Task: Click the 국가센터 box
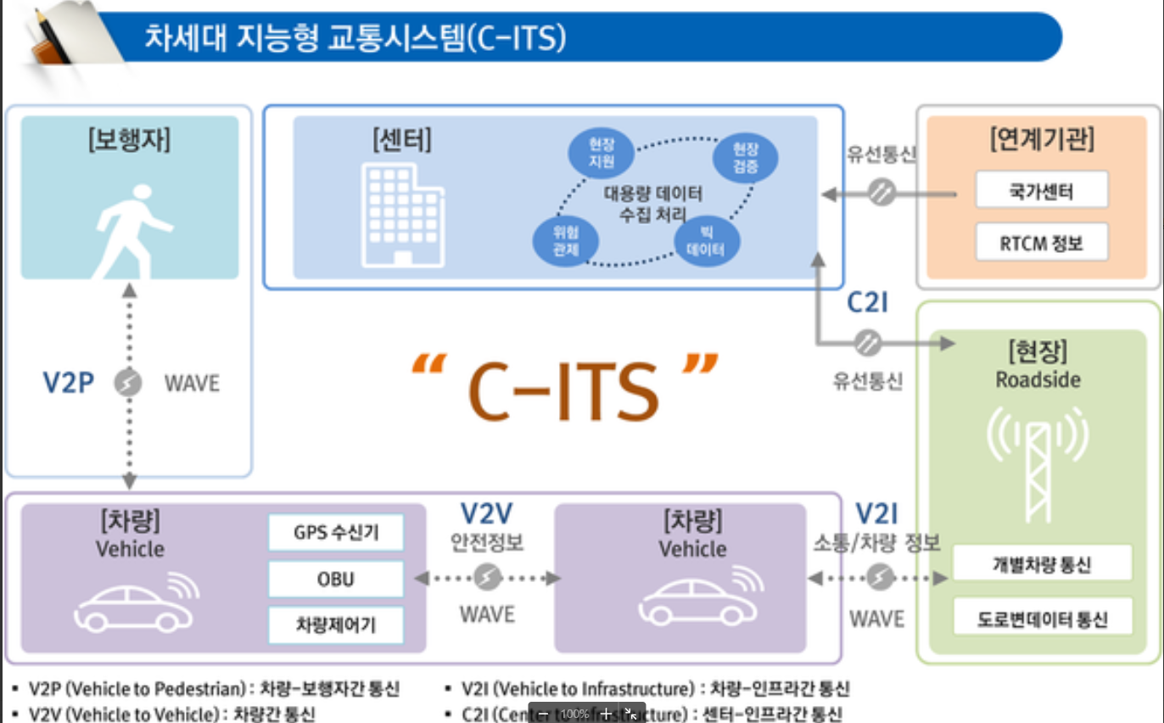coord(1041,190)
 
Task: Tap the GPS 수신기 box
coord(336,533)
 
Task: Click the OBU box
coord(336,580)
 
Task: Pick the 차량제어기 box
coord(336,625)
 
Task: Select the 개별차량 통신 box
coord(1042,563)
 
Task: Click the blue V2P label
coord(68,383)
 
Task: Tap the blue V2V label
coord(486,513)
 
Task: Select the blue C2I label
coord(866,303)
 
